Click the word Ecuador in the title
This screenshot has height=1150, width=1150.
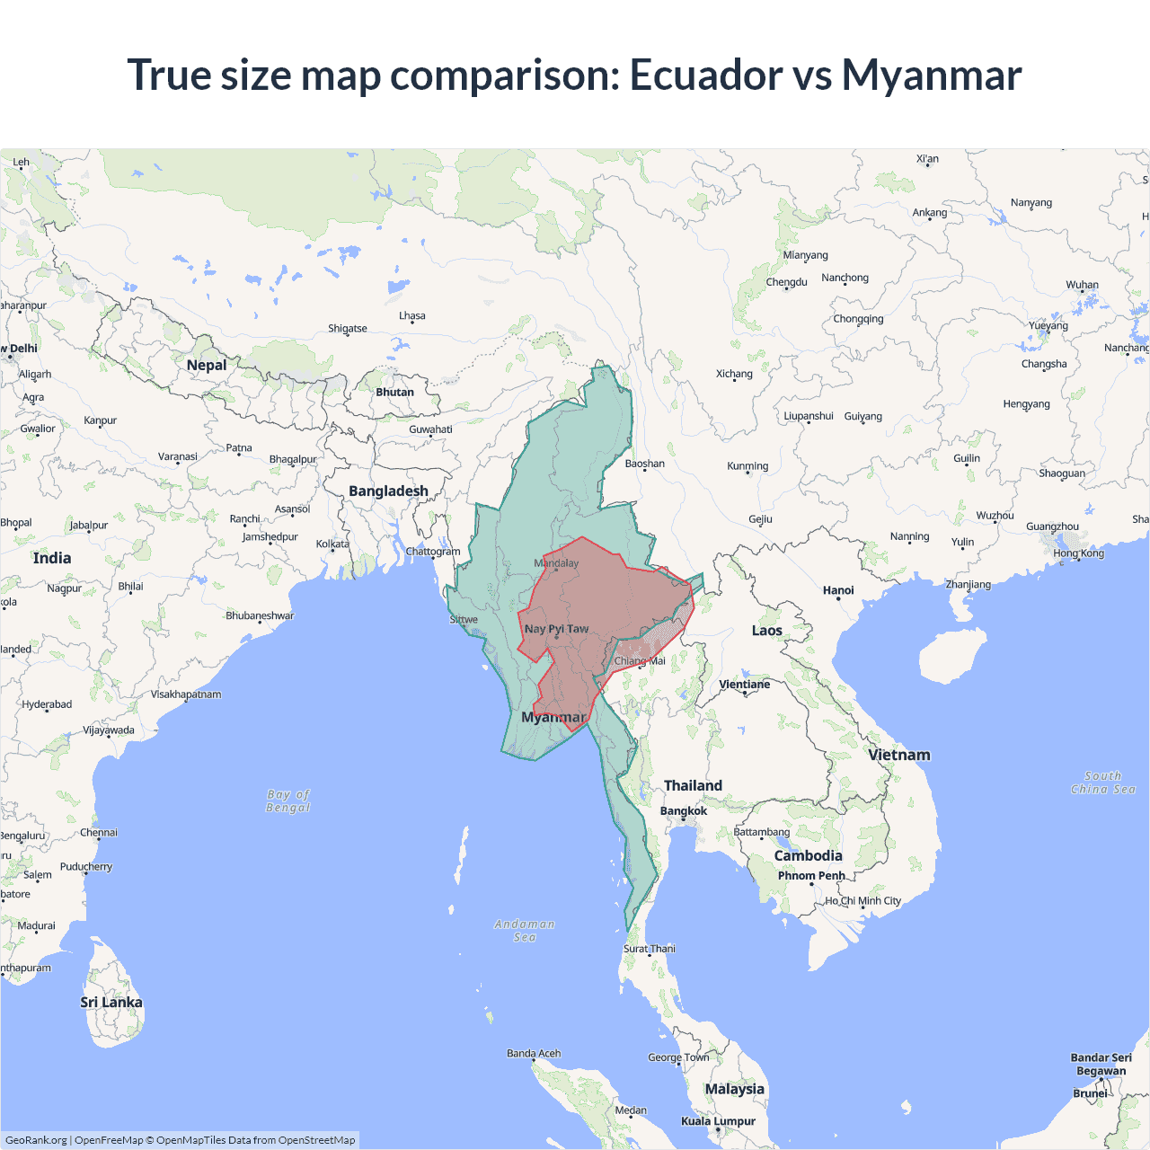[x=705, y=75]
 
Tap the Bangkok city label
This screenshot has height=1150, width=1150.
[x=684, y=811]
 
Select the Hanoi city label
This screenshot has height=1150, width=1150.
[x=838, y=590]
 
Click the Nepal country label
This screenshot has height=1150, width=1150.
[x=207, y=365]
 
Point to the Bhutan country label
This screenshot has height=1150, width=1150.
[x=395, y=392]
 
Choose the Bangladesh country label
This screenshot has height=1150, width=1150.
[x=388, y=491]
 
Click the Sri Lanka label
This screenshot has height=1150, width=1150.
[x=111, y=1003]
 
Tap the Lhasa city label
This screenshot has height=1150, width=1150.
[x=412, y=316]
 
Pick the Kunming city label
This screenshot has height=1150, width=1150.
[x=747, y=466]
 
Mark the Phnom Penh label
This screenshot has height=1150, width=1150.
[x=811, y=876]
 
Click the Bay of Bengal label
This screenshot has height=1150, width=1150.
[x=288, y=801]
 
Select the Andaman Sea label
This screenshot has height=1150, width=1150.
[x=525, y=931]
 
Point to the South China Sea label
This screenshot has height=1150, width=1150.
[x=1103, y=783]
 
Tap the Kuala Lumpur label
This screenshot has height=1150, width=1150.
[x=718, y=1121]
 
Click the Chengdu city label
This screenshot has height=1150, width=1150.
[x=787, y=282]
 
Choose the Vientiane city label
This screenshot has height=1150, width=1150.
[x=745, y=685]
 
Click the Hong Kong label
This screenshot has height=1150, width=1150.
[x=1079, y=553]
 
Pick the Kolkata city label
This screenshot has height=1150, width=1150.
[x=332, y=544]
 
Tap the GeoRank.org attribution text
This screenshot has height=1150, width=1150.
[x=36, y=1140]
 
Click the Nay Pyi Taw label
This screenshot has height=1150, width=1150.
[x=556, y=629]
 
